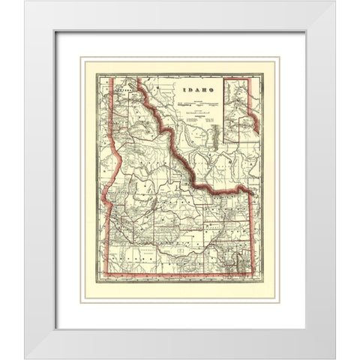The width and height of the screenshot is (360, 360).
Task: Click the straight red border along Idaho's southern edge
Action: pos(180,288)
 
